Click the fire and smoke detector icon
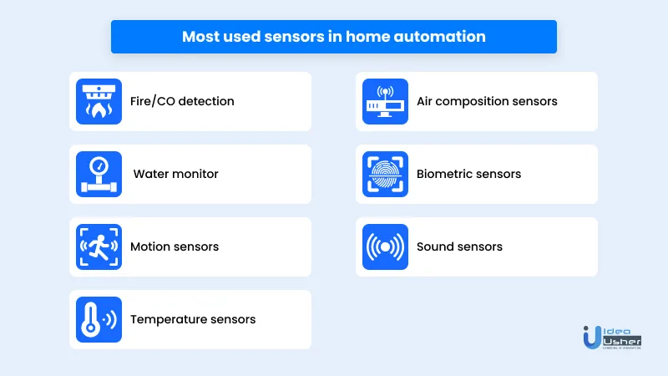pyautogui.click(x=99, y=101)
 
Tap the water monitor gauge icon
pyautogui.click(x=99, y=174)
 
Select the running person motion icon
pyautogui.click(x=99, y=246)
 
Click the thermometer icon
pyautogui.click(x=99, y=319)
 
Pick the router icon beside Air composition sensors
pyautogui.click(x=385, y=101)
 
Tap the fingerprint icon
pyautogui.click(x=385, y=174)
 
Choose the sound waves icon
pyautogui.click(x=385, y=246)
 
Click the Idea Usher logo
pyautogui.click(x=612, y=338)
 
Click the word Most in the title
pyautogui.click(x=200, y=37)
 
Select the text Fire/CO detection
pyautogui.click(x=182, y=101)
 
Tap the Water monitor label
pyautogui.click(x=175, y=174)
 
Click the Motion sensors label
pyautogui.click(x=175, y=246)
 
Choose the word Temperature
pyautogui.click(x=164, y=320)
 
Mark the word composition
pyautogui.click(x=472, y=102)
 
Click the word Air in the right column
pyautogui.click(x=424, y=101)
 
